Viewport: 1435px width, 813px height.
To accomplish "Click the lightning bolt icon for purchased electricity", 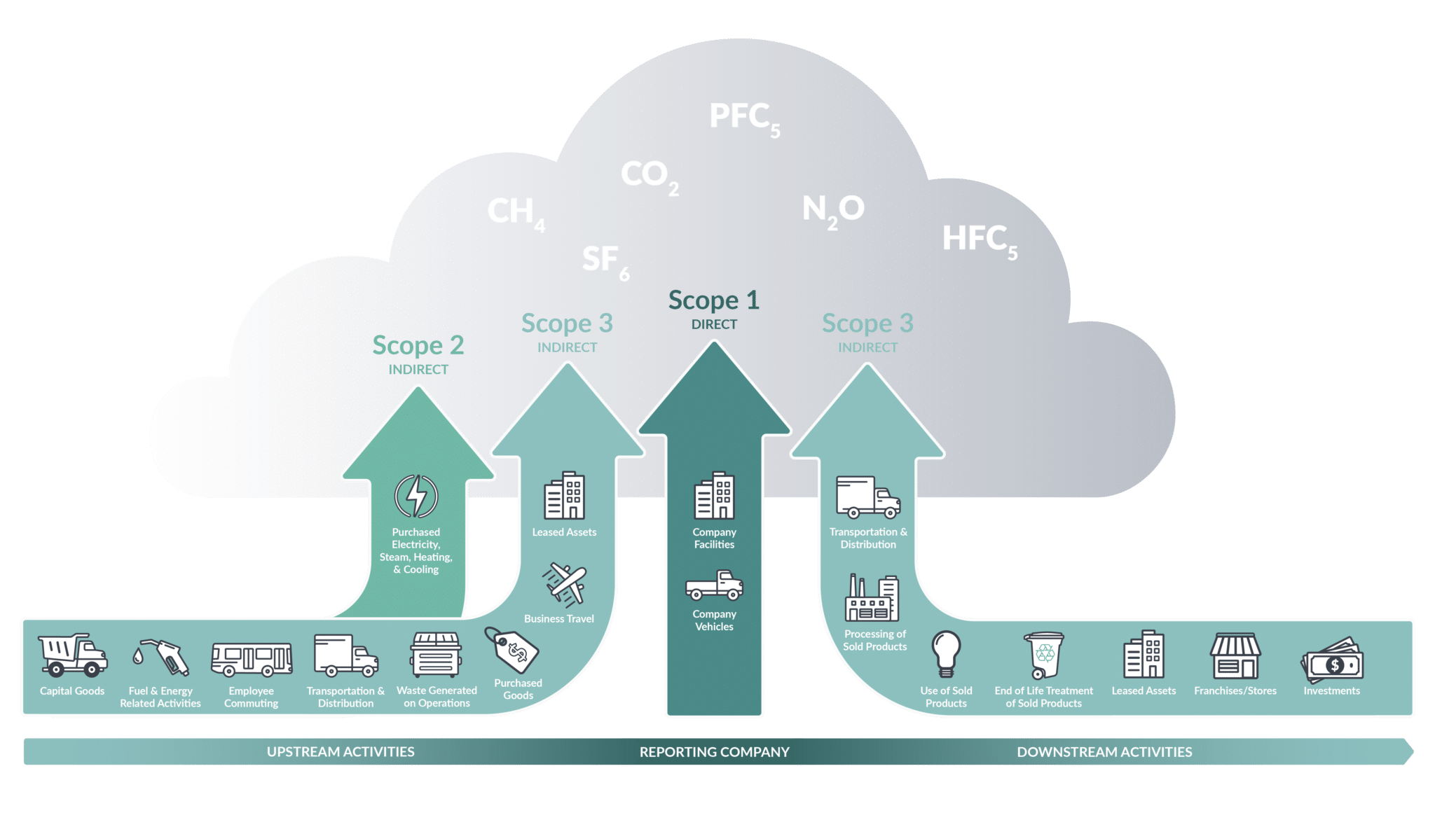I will tap(416, 496).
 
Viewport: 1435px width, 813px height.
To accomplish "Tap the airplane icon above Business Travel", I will tap(564, 583).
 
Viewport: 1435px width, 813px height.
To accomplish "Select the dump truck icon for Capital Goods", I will tap(72, 655).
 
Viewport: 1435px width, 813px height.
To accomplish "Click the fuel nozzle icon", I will tap(163, 657).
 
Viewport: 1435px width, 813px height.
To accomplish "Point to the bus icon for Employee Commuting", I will tap(252, 659).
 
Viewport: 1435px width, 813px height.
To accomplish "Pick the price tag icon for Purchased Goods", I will tap(512, 650).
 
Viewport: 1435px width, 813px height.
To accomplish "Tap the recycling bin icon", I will tap(1043, 655).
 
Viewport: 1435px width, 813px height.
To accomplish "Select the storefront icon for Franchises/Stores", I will tap(1235, 655).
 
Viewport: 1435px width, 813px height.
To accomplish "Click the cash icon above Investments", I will tap(1332, 660).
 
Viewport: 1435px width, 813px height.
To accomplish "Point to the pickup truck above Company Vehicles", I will tap(714, 585).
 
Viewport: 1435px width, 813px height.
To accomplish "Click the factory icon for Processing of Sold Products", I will tap(872, 598).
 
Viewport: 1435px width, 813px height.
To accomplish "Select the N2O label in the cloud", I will tap(833, 210).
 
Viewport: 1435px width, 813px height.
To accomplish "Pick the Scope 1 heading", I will tap(713, 300).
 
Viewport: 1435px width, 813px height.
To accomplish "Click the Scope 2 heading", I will tap(418, 345).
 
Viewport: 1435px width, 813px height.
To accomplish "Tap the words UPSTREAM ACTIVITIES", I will tap(341, 751).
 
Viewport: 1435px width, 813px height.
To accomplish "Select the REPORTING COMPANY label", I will tap(714, 751).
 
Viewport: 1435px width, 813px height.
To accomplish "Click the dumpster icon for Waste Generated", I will tap(436, 655).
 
